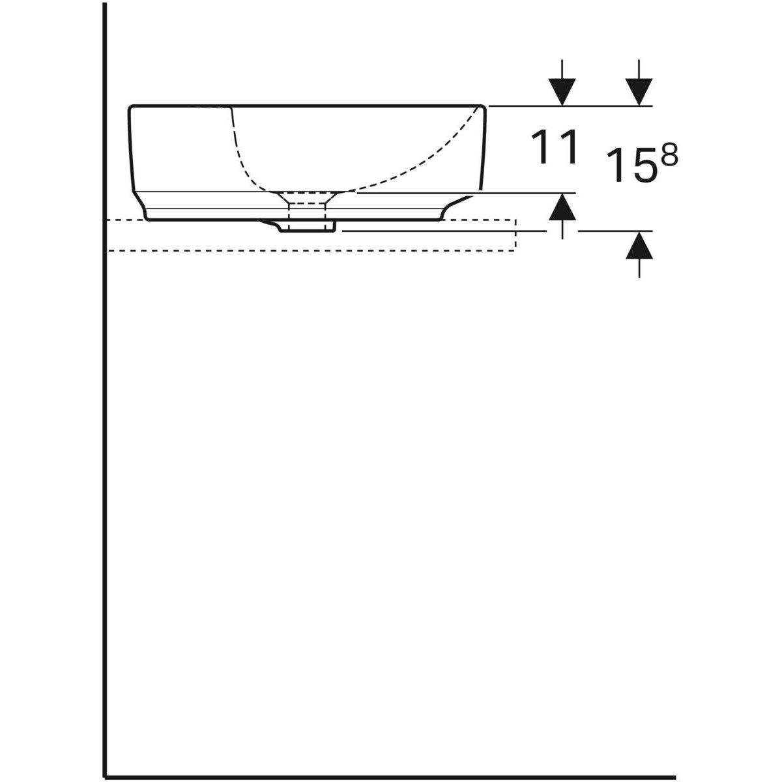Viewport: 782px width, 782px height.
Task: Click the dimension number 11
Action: click(x=555, y=147)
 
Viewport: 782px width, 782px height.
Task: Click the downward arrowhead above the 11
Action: click(x=562, y=91)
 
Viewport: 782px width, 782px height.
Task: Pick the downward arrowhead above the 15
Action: click(x=639, y=91)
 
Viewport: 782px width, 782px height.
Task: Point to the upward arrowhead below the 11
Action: click(x=562, y=207)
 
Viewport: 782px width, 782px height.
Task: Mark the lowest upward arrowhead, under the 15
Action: click(x=639, y=246)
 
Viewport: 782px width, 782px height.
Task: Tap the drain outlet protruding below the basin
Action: click(x=306, y=225)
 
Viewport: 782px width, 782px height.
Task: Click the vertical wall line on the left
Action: click(x=104, y=391)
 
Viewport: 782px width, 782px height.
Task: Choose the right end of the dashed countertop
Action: click(x=515, y=235)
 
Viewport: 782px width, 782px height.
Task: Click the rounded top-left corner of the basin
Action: click(x=132, y=107)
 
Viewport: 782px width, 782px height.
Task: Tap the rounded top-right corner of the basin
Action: click(x=483, y=107)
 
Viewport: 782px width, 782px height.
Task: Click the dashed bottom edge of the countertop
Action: click(x=313, y=250)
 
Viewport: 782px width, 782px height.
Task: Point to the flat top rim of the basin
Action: click(x=306, y=104)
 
